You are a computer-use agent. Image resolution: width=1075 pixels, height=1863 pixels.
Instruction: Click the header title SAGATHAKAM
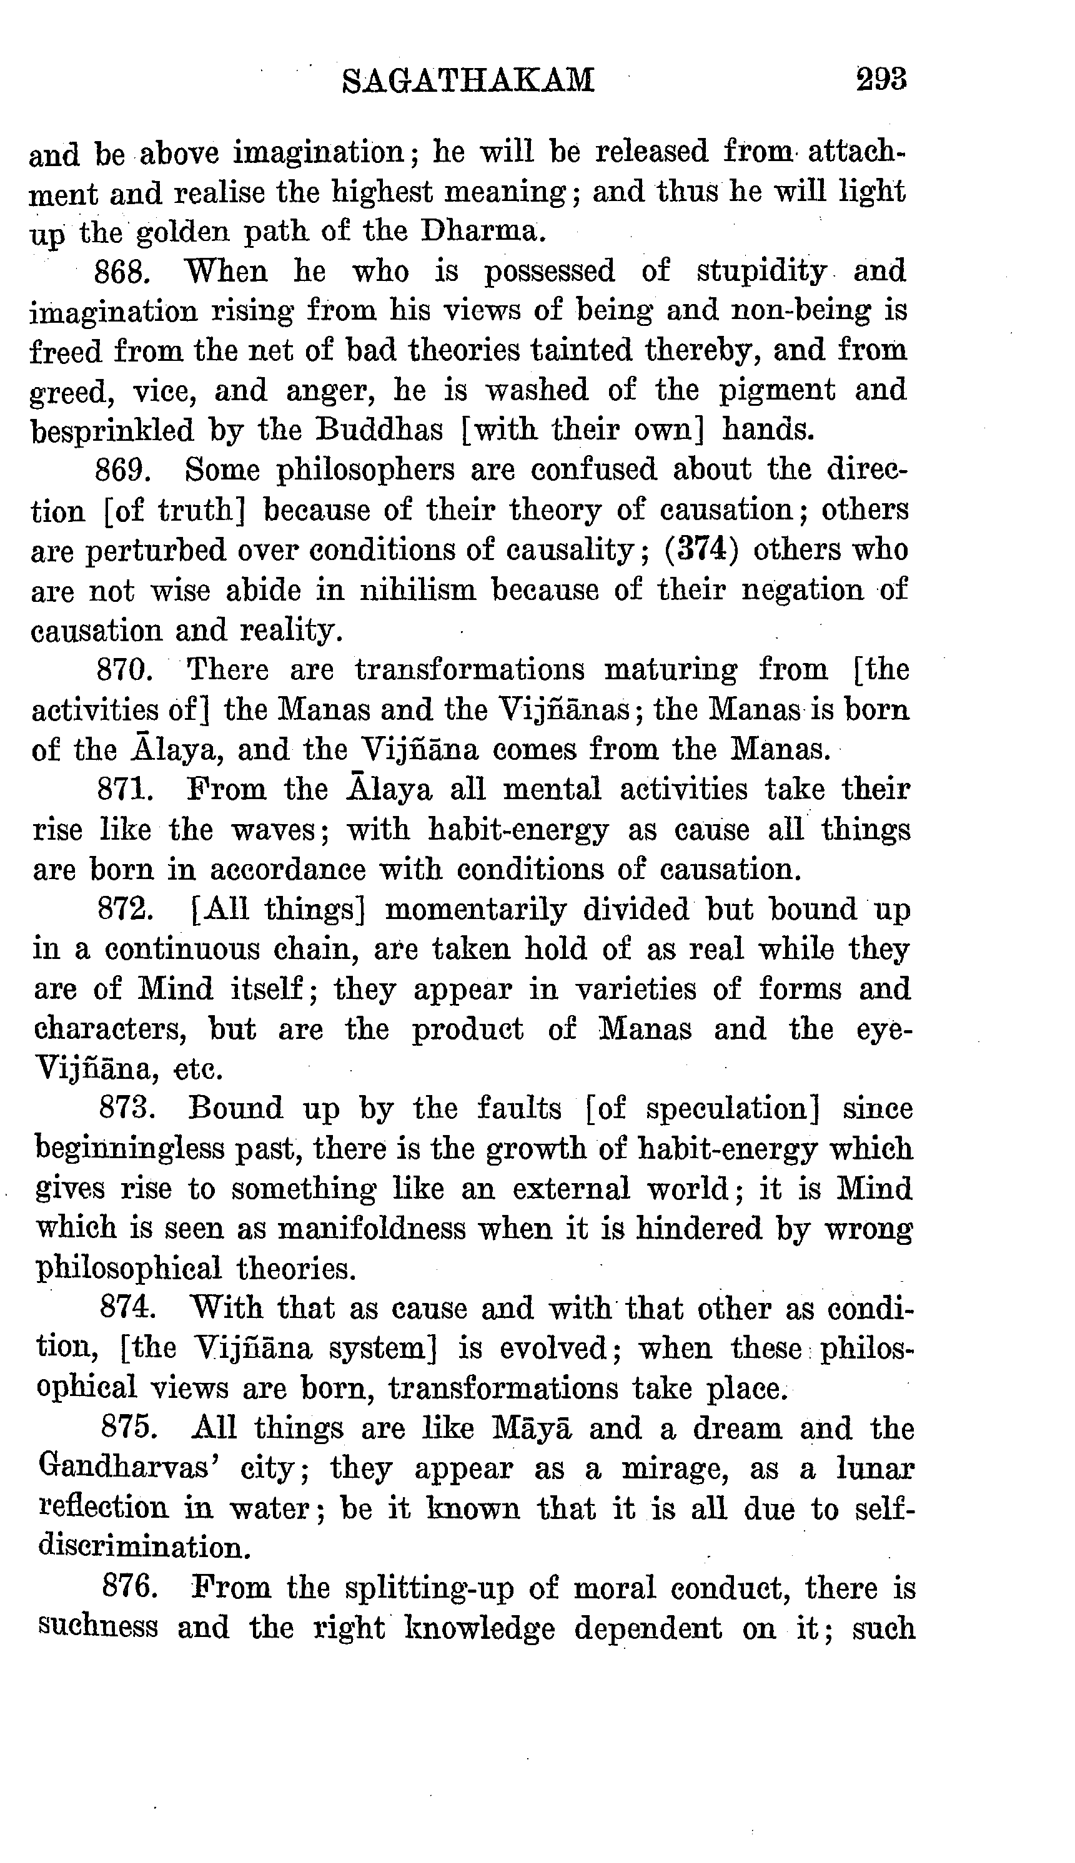(468, 80)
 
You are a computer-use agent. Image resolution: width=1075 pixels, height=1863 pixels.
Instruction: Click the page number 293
(881, 78)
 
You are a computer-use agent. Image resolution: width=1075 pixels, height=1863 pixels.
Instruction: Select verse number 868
(123, 272)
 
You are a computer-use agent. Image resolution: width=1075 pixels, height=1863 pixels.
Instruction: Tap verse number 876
(129, 1588)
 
